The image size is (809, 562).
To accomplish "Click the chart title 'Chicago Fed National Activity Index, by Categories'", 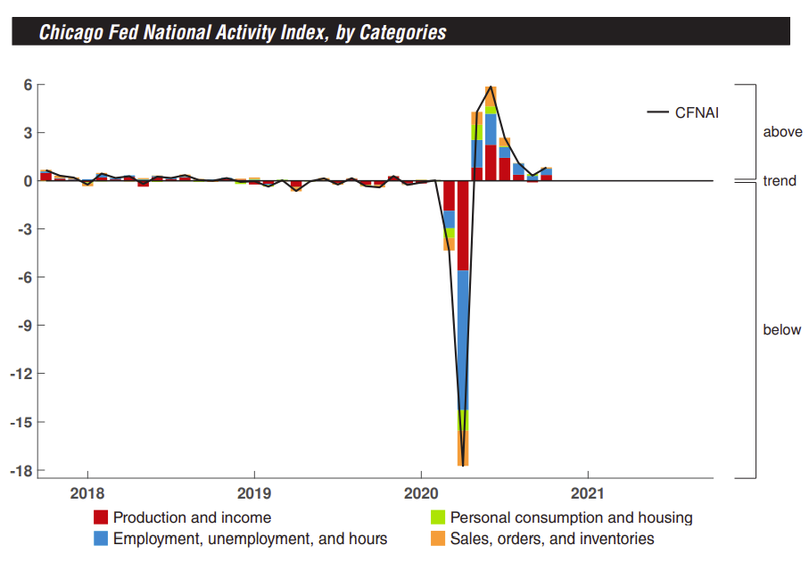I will (243, 33).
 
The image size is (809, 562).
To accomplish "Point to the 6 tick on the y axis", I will (28, 85).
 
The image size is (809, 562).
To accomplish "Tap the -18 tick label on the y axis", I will (22, 470).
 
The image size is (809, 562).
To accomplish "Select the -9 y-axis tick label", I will (25, 326).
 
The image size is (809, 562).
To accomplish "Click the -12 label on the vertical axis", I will (22, 374).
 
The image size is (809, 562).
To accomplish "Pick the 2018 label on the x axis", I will (87, 493).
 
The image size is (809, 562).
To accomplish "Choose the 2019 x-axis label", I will (254, 493).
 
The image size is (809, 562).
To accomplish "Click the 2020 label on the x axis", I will (421, 493).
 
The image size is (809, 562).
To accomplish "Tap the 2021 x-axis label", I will (588, 493).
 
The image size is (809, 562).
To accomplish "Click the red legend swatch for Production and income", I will (101, 517).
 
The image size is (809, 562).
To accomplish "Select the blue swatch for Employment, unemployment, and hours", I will (101, 538).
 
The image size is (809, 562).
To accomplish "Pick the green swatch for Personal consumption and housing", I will (437, 517).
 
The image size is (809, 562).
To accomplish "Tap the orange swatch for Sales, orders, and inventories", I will (437, 538).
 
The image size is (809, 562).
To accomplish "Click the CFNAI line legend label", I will (697, 112).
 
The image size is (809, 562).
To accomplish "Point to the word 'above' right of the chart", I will (782, 132).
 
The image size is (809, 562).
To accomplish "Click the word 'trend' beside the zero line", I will (780, 181).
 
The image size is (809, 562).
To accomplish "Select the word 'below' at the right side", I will (782, 330).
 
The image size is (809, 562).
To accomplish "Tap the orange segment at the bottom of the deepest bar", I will (463, 448).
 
